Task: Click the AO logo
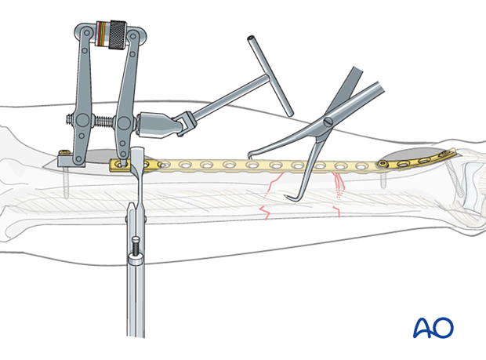(x=433, y=328)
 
